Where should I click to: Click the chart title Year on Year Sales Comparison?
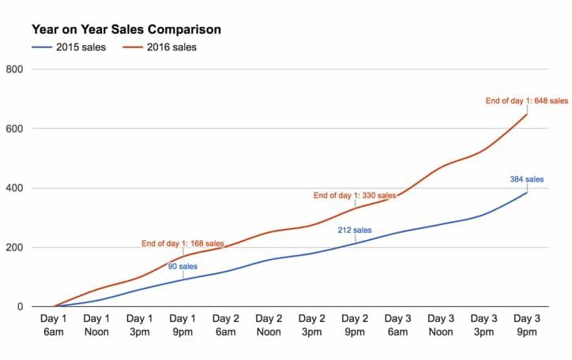point(126,29)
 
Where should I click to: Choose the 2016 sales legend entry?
point(166,47)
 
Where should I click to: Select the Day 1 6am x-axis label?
point(54,325)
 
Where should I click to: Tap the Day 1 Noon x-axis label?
point(96,325)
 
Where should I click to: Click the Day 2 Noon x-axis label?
point(269,325)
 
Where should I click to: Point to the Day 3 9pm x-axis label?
point(527,325)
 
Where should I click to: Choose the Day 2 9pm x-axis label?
point(356,325)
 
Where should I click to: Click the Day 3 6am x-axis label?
point(398,325)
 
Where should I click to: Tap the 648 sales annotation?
point(526,100)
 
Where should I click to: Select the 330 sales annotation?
point(355,195)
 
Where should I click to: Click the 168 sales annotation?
point(183,242)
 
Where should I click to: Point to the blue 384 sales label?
point(527,180)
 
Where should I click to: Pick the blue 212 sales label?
point(355,231)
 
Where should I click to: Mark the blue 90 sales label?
point(183,266)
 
